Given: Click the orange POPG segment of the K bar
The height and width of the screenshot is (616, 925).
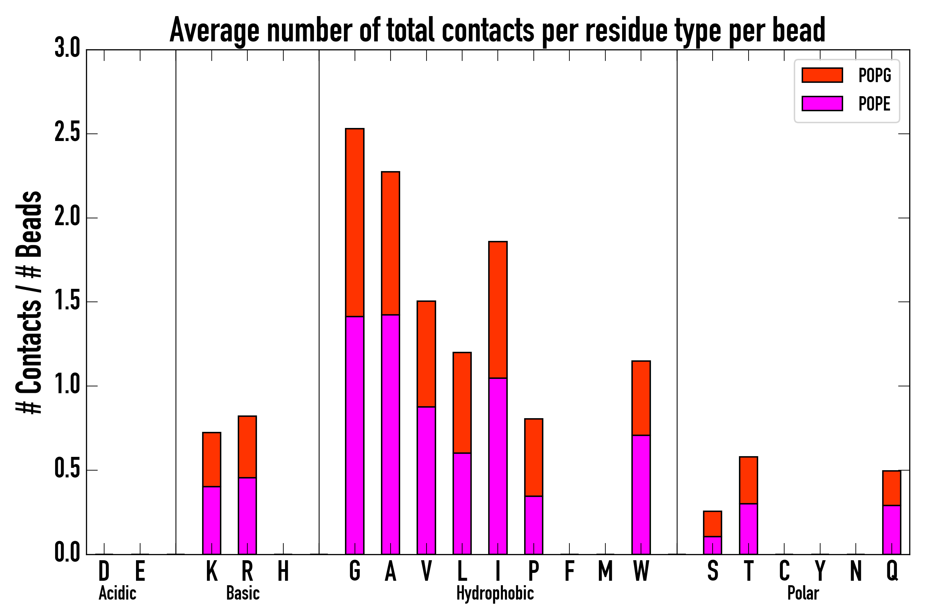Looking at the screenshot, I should coord(212,459).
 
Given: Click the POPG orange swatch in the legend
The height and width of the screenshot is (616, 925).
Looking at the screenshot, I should coord(822,75).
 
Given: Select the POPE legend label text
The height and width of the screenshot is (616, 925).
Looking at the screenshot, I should coord(874,104).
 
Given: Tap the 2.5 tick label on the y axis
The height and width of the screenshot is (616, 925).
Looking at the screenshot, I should coord(67,133).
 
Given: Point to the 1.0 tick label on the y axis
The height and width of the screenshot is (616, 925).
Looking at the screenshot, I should coord(67,386).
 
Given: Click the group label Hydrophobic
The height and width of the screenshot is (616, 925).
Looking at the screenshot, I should coord(495,593).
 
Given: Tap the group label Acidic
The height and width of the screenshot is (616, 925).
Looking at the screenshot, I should coord(117,593).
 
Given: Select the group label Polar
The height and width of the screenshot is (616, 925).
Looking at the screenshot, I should coord(803,593).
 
